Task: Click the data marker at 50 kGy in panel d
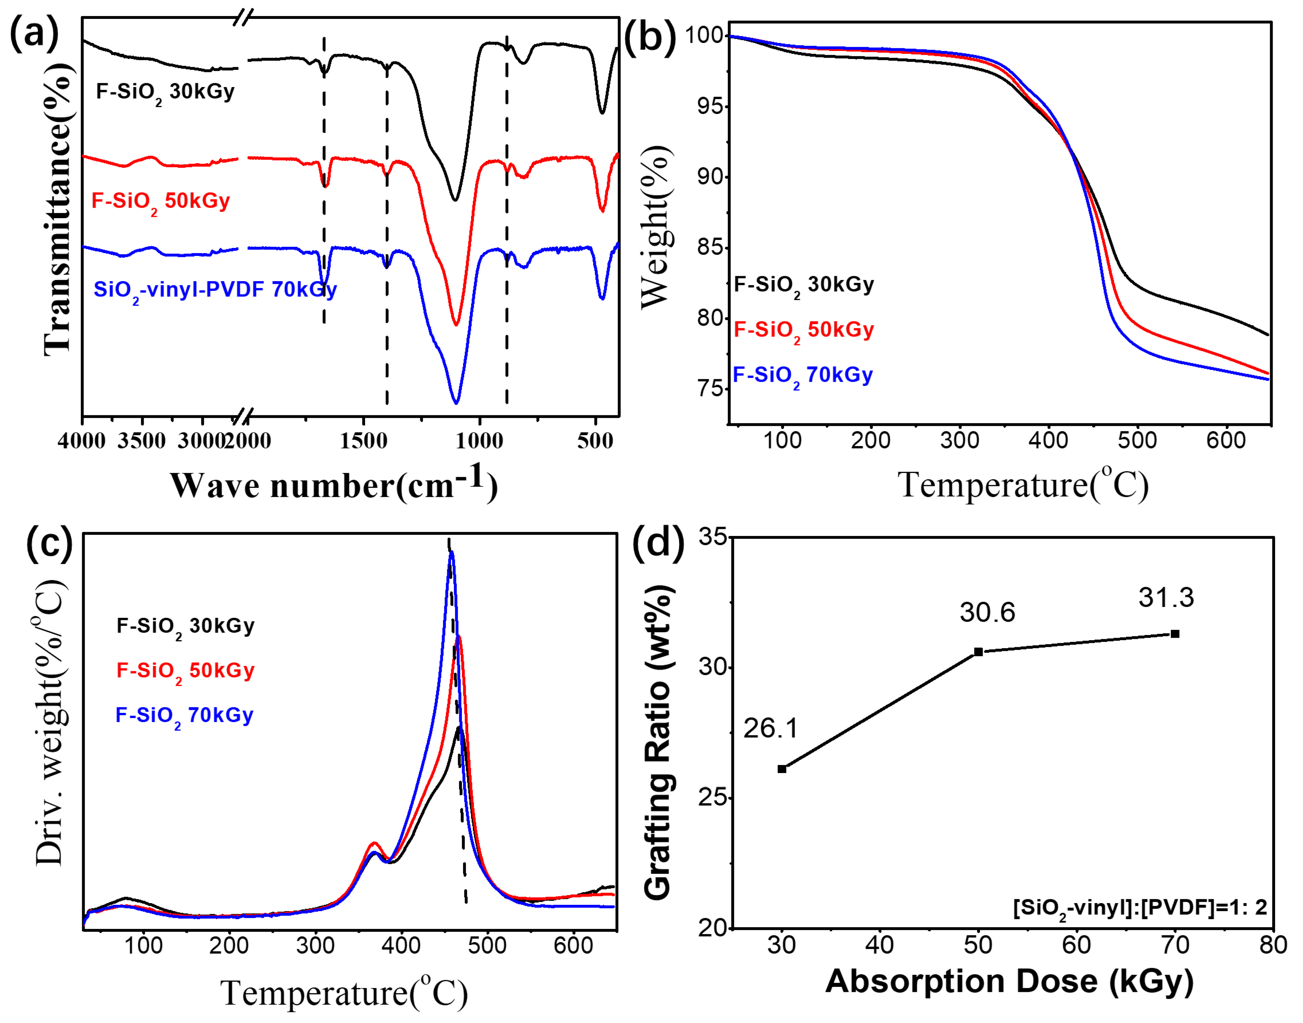(978, 652)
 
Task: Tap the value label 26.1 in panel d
(771, 728)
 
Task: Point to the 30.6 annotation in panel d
(987, 612)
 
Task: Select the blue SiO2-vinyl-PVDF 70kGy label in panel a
(215, 291)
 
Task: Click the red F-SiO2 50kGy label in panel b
(803, 330)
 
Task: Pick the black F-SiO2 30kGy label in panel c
(185, 627)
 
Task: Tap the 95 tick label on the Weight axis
(709, 107)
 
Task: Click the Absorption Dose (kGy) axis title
(1009, 981)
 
